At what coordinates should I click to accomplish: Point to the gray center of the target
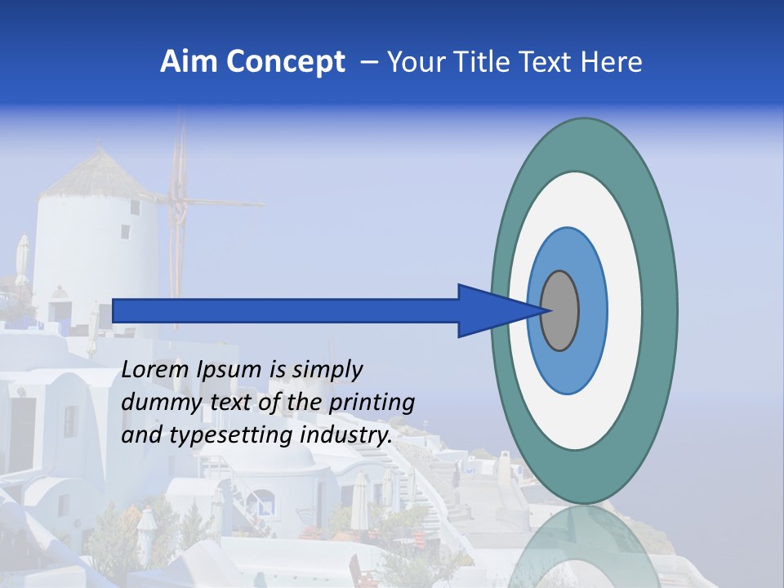560,310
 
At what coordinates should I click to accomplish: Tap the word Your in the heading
415,62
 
